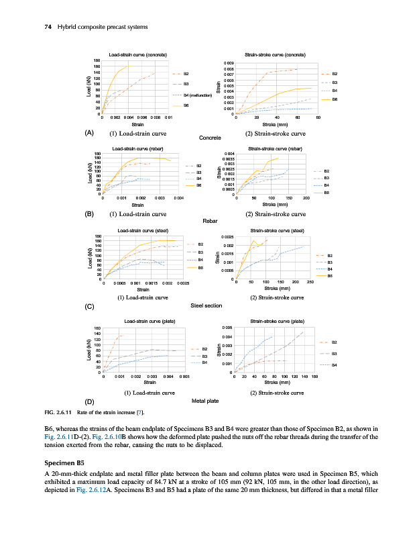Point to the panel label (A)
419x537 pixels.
[88, 132]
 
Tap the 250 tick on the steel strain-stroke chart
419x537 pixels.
[310, 283]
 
